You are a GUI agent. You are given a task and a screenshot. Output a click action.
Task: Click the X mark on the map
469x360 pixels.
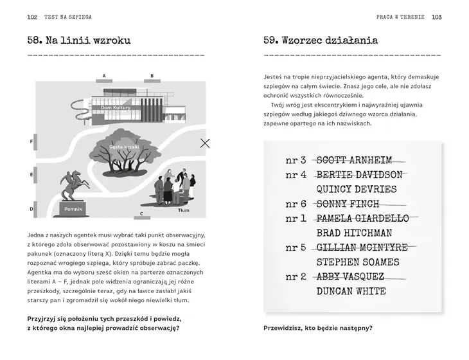(205, 143)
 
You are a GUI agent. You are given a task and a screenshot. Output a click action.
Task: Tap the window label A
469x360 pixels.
(103, 76)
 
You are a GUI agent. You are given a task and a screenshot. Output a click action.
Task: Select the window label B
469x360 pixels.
(152, 76)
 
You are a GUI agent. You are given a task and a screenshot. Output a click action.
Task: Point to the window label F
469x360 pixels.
(31, 141)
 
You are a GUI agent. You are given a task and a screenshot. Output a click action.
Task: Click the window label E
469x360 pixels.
(31, 174)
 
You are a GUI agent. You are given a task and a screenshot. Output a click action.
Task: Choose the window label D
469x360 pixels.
(31, 209)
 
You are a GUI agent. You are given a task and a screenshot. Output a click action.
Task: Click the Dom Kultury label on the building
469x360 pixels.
(116, 107)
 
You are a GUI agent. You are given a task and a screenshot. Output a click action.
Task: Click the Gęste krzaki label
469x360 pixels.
(124, 147)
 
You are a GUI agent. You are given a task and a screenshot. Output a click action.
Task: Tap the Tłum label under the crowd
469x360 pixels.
(184, 210)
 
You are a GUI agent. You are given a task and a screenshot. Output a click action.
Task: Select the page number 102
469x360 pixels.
(32, 17)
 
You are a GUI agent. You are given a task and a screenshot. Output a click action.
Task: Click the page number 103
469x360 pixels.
(436, 17)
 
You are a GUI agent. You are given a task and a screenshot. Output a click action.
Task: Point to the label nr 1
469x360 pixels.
(296, 219)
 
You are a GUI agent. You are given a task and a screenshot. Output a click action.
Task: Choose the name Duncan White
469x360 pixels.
(351, 291)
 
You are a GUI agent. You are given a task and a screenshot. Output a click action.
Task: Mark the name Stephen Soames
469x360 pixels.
(358, 262)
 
